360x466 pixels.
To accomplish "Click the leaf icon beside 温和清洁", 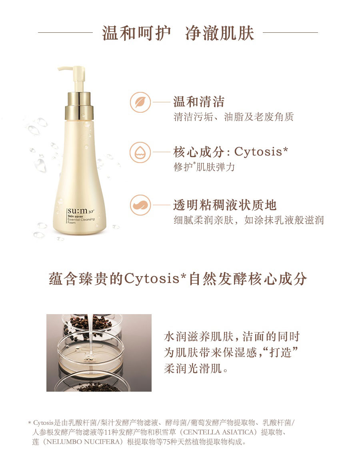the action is click(140, 102).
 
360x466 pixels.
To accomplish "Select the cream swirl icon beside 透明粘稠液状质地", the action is click(140, 205).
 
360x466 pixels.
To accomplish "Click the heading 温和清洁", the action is click(199, 102).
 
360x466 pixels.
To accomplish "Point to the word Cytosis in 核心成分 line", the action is click(258, 152).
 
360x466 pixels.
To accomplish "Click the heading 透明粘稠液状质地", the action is click(225, 205).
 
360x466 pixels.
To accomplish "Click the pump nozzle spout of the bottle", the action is click(66, 69).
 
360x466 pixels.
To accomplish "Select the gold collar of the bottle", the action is click(80, 106).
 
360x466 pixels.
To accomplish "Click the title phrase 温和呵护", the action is click(136, 33).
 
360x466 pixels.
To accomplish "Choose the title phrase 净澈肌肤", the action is click(220, 33).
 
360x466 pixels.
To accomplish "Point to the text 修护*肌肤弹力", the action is click(204, 167).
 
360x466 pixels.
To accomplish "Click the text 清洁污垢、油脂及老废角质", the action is click(234, 117).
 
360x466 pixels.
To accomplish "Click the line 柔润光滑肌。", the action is click(196, 369).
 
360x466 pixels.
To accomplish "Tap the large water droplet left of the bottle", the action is click(40, 165).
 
